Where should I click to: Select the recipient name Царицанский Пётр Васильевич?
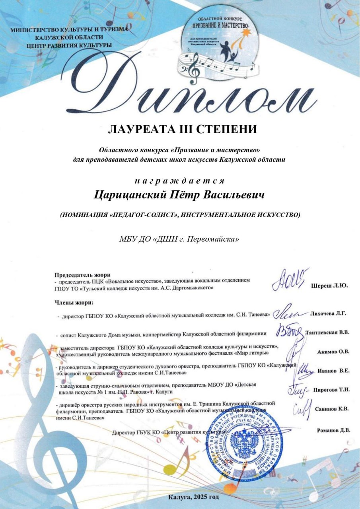[x=179, y=195]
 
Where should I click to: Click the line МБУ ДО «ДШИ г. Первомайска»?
[x=179, y=239]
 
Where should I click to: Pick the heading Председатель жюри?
[x=82, y=275]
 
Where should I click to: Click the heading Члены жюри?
[x=74, y=302]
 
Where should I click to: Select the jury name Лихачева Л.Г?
[x=328, y=314]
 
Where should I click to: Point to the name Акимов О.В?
[x=333, y=352]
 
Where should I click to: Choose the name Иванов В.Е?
[x=333, y=371]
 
